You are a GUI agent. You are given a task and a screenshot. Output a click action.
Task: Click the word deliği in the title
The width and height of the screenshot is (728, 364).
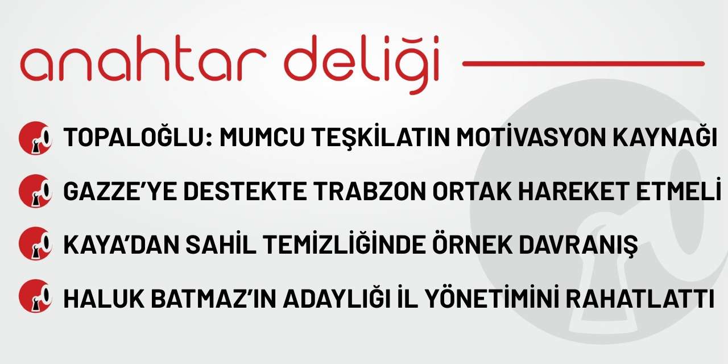[362, 61]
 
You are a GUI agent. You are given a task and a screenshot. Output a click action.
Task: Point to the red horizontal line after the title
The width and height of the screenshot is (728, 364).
[584, 64]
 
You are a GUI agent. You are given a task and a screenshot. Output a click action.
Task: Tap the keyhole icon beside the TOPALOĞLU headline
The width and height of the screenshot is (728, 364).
[35, 138]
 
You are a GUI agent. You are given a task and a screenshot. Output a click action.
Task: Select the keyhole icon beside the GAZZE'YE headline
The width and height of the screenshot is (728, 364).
[35, 191]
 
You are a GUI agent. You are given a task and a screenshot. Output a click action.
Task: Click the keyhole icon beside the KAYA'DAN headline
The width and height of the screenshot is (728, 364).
[35, 243]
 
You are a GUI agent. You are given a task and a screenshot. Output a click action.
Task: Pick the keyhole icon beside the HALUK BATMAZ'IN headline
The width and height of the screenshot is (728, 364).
[35, 297]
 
